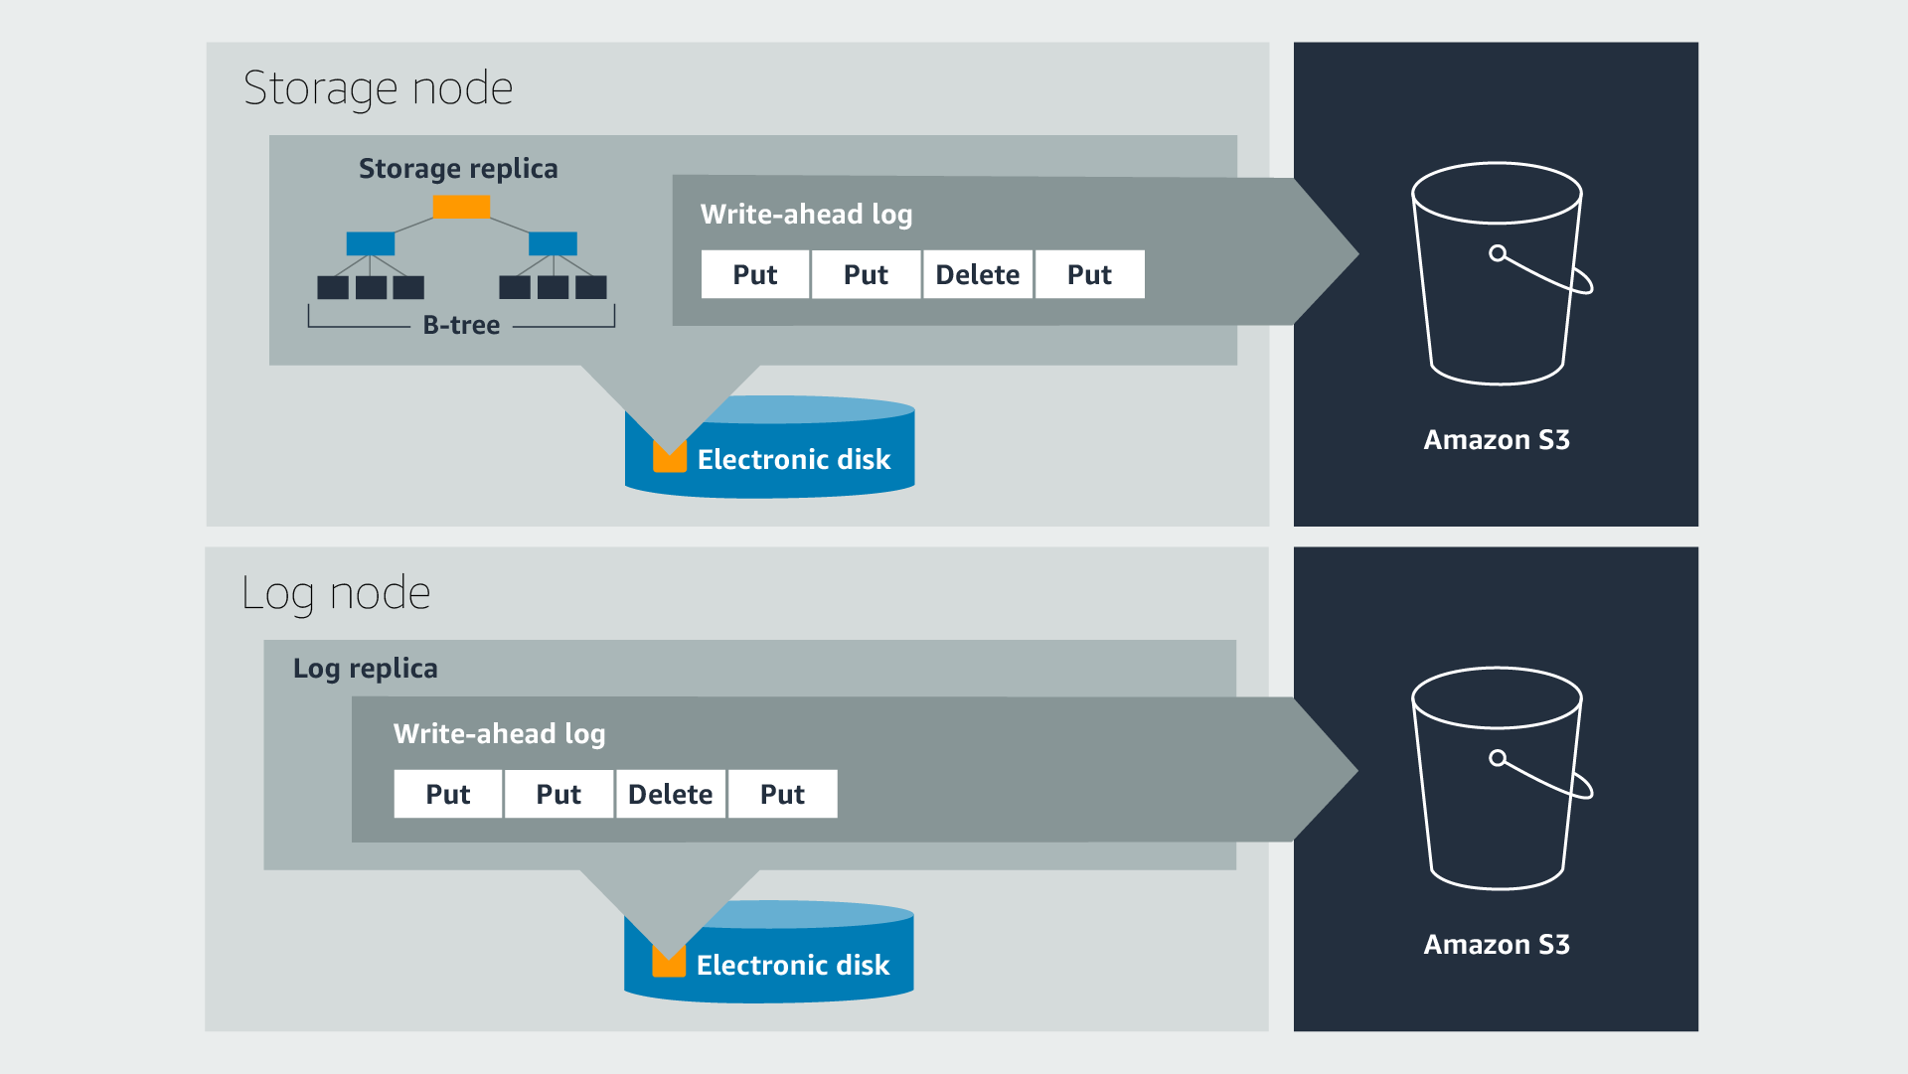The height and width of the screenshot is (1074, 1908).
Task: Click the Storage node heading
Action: (x=378, y=88)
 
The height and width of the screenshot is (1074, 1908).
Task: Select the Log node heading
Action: (x=336, y=593)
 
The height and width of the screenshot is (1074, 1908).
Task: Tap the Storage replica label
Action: (x=458, y=169)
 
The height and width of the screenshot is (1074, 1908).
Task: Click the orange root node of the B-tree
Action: (x=461, y=207)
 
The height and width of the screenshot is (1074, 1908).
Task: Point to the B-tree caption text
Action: (x=461, y=326)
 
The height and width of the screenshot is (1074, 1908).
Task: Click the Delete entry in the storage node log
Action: (x=978, y=275)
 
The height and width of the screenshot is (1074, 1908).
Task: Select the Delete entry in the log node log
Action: (x=671, y=795)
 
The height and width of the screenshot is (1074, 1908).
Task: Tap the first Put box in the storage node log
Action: (x=755, y=275)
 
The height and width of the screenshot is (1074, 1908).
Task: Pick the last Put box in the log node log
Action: (x=783, y=795)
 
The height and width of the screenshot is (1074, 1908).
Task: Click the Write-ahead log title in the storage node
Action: (x=806, y=215)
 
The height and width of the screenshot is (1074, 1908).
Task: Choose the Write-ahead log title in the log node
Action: (x=499, y=734)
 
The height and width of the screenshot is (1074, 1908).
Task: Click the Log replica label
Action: (x=365, y=669)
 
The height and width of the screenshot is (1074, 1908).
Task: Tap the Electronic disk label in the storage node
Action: (x=794, y=460)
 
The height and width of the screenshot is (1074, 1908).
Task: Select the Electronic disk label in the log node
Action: (x=793, y=966)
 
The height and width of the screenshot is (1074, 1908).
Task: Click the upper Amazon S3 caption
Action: (x=1497, y=440)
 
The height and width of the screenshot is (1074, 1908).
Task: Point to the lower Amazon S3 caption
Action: (x=1497, y=945)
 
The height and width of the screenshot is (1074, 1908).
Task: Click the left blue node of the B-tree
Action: (x=371, y=243)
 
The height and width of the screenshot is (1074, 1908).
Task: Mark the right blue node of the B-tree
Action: (x=553, y=243)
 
